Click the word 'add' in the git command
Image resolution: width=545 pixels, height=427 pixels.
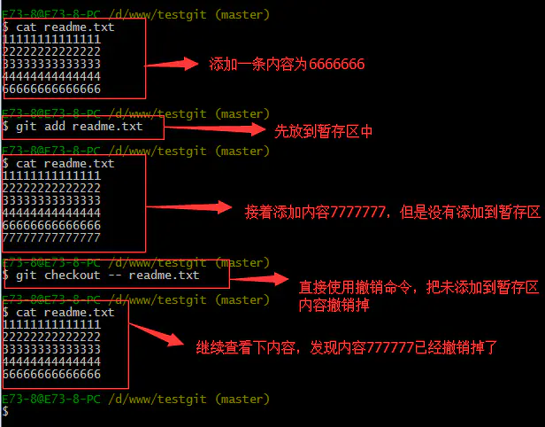55,126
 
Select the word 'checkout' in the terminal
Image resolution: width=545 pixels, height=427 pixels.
73,275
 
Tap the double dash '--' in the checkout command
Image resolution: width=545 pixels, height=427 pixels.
114,276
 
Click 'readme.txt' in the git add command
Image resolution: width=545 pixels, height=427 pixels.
107,126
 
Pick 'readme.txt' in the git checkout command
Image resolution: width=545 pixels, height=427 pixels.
164,275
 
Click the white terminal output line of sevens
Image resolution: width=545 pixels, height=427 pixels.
51,237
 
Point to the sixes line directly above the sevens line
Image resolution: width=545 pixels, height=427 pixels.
51,225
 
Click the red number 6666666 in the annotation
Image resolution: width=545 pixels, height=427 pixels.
336,64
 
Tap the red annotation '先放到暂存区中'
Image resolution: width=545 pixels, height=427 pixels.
323,131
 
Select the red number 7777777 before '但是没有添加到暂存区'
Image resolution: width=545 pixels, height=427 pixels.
357,212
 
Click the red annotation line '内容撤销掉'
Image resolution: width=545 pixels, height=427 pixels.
334,305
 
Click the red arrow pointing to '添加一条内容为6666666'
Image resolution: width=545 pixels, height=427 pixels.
172,64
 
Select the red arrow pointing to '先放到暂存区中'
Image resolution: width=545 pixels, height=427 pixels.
215,128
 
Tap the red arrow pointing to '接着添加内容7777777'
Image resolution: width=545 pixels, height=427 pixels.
188,207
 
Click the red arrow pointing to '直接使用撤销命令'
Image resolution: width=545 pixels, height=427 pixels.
259,278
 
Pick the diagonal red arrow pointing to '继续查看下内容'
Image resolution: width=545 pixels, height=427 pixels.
157,335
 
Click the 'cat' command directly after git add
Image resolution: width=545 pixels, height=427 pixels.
26,163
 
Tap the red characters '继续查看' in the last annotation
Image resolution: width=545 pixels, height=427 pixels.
224,347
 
